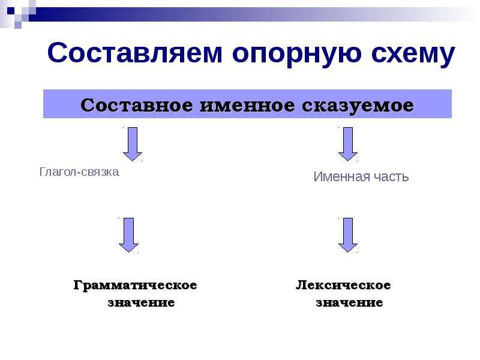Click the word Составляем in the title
pos(134,53)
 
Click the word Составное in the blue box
pos(137,106)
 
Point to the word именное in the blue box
pos(248,106)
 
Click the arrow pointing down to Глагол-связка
pos(132,144)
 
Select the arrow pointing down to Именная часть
pos(348,144)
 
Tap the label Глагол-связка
pos(79,172)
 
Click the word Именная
pos(338,176)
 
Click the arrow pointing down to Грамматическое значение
pos(128,235)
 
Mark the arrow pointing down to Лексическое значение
pos(348,235)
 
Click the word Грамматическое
pos(135,286)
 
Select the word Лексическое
pos(343,285)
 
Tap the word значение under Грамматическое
pos(141,303)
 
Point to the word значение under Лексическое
pos(349,303)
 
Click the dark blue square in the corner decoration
pos(11,11)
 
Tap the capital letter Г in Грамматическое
pos(79,284)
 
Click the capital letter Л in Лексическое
pos(301,284)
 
